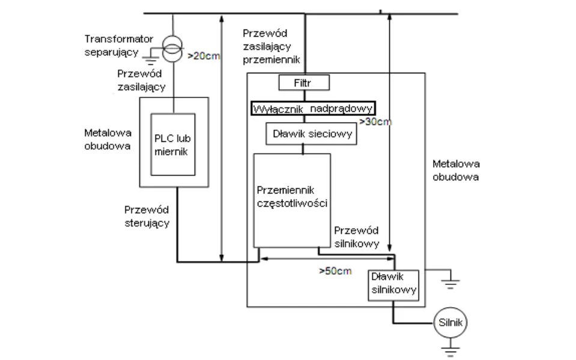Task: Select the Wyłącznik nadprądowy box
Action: click(x=312, y=108)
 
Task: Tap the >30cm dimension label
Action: click(x=375, y=122)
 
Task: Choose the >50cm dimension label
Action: click(x=335, y=271)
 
